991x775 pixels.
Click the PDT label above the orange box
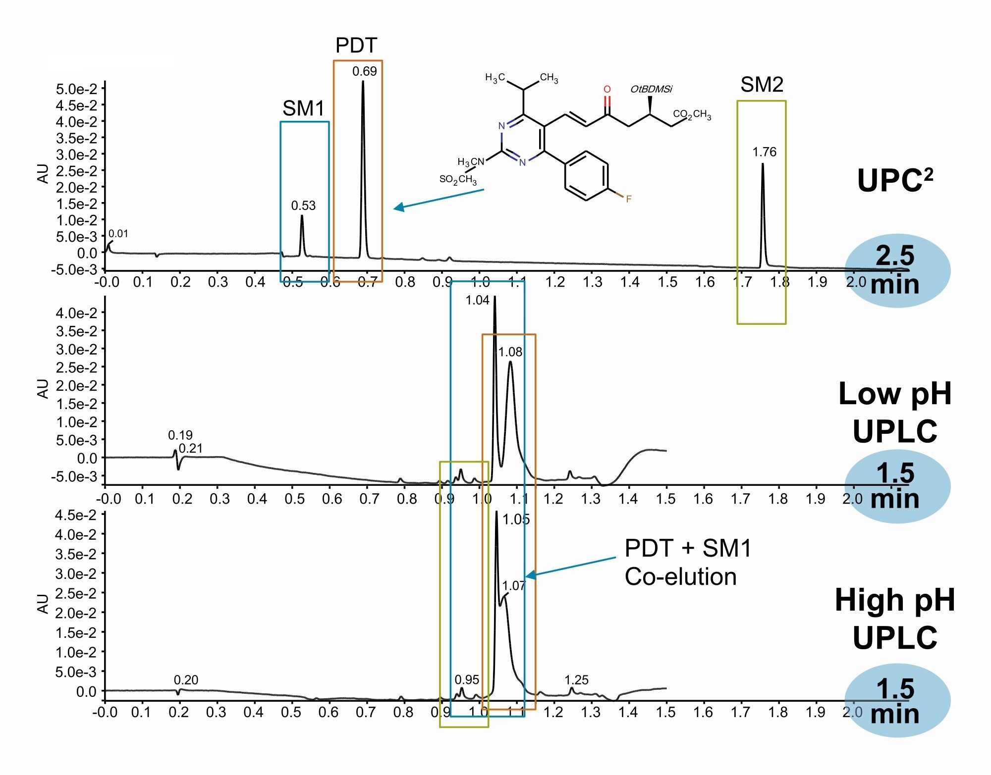[x=356, y=46]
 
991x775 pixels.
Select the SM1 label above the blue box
[x=303, y=108]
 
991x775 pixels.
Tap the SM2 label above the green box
[x=762, y=85]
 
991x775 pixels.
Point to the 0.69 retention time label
[x=365, y=71]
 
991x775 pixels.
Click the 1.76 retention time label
[x=765, y=152]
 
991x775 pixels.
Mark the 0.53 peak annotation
[x=303, y=206]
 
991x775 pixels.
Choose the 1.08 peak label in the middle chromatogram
[x=510, y=352]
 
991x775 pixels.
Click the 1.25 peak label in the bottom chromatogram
[x=577, y=680]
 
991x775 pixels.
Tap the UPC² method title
[x=895, y=180]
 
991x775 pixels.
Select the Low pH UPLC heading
[x=895, y=413]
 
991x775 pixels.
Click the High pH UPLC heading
[x=895, y=619]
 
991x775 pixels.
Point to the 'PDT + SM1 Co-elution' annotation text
[x=688, y=563]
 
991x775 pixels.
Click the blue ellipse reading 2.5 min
[x=897, y=270]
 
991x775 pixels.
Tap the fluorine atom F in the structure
[x=628, y=199]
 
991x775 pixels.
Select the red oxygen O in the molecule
[x=607, y=89]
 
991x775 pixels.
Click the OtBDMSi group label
[x=651, y=89]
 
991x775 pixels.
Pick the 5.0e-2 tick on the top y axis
[x=77, y=89]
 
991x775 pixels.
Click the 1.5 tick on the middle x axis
[x=666, y=498]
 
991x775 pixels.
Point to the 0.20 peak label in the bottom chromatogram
[x=186, y=680]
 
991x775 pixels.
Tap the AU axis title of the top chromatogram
[x=44, y=174]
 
